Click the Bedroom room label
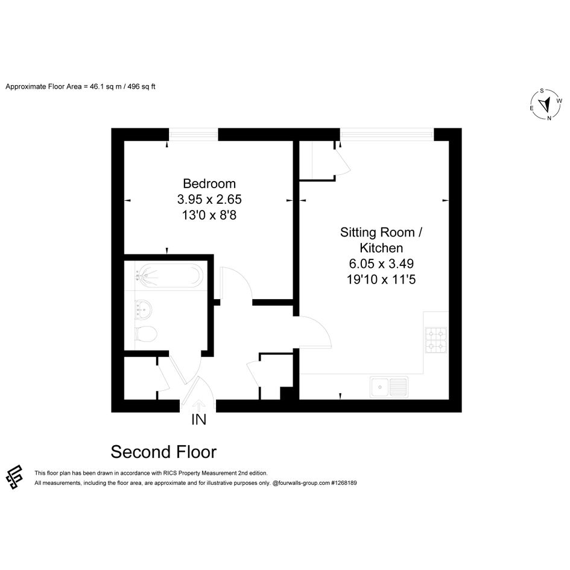click(209, 183)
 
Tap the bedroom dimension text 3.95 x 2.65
click(209, 199)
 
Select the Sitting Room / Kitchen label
click(381, 240)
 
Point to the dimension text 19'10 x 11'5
click(381, 279)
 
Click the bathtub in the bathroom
click(169, 276)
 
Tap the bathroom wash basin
click(143, 309)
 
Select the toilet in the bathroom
click(145, 334)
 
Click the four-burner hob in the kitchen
click(436, 340)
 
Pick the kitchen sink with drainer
click(389, 387)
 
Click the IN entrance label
click(199, 419)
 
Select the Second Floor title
click(163, 452)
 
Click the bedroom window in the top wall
click(194, 135)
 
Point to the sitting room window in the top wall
click(387, 135)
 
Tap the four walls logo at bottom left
click(14, 477)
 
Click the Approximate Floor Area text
click(80, 87)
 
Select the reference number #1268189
click(344, 483)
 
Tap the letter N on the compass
click(549, 118)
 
